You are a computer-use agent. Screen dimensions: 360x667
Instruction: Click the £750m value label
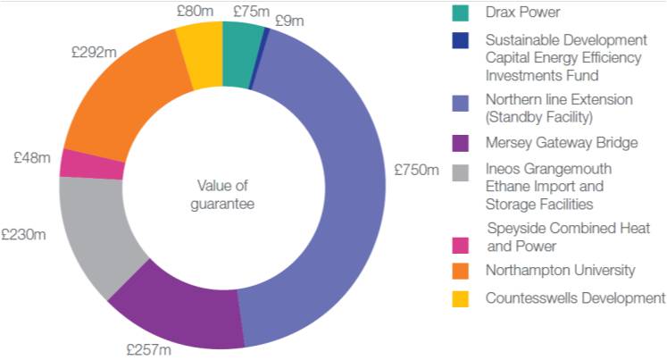point(416,170)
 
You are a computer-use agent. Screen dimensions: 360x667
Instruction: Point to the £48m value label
point(32,157)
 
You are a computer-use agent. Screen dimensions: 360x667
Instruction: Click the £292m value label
point(94,53)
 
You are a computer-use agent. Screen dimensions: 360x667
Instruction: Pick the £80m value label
point(195,13)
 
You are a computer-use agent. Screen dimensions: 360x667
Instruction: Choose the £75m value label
point(252,12)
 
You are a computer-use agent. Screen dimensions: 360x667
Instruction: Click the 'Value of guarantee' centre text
point(224,196)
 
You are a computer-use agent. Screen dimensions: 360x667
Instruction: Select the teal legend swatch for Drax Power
point(459,13)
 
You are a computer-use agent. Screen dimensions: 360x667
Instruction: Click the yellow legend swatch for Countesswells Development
point(459,297)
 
